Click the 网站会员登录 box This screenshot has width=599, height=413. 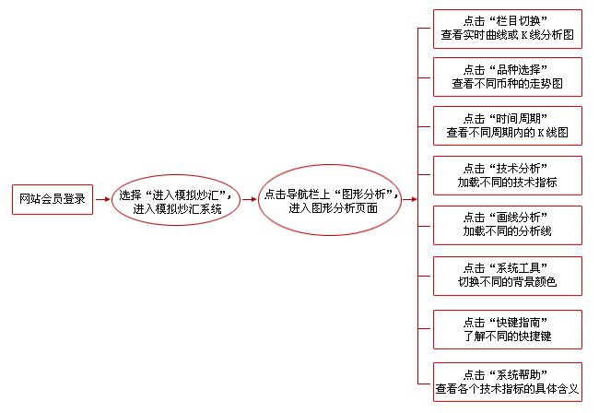(53, 199)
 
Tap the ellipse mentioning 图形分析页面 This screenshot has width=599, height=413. (330, 199)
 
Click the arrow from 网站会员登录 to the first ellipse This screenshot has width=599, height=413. (102, 200)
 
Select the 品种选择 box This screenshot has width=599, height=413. (507, 77)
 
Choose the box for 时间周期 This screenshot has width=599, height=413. (507, 125)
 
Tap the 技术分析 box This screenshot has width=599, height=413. (507, 175)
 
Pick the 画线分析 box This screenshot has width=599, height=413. (507, 225)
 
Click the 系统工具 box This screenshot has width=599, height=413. (507, 275)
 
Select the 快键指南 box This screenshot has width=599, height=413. (507, 329)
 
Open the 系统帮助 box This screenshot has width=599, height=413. (507, 382)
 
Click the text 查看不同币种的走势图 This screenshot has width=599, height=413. (507, 84)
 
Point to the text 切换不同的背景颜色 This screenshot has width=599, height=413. (507, 282)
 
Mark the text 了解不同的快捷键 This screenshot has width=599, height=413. (507, 336)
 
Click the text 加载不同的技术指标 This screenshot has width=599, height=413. (507, 183)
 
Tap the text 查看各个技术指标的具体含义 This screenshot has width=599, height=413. (507, 390)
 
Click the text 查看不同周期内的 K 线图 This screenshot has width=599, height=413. (507, 133)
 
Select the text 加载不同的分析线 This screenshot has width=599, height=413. (507, 232)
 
